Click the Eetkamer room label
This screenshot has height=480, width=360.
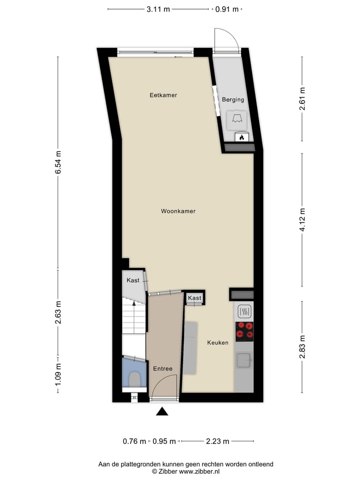[163, 95]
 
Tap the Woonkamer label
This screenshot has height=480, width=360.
[178, 211]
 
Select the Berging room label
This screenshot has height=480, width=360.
[233, 99]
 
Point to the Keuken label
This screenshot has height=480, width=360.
[218, 342]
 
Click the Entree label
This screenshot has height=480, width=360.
[163, 368]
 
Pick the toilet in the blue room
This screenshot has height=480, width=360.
[134, 379]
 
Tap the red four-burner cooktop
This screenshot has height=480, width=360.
[244, 330]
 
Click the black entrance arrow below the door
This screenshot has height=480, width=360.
[162, 411]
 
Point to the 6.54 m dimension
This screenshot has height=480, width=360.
[58, 162]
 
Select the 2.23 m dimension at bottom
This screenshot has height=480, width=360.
[217, 441]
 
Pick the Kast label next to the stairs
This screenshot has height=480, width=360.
[133, 280]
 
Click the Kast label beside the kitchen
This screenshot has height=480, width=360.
[194, 298]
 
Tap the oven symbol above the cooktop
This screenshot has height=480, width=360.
[244, 312]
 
